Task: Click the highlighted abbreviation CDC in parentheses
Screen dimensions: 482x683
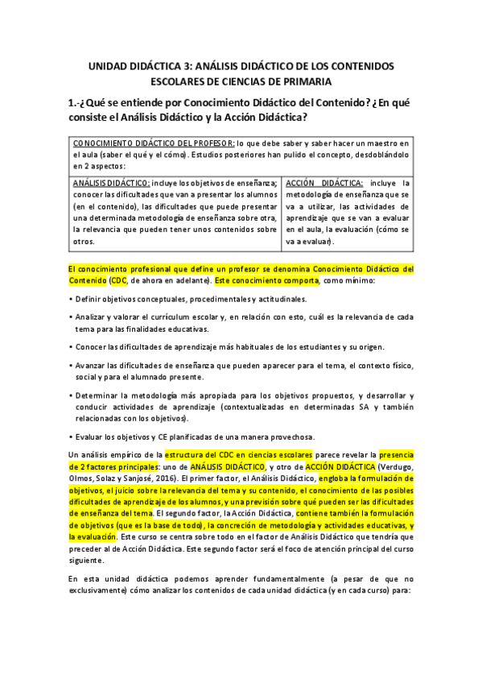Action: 119,279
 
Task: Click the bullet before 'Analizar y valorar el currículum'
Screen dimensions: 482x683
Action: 71,317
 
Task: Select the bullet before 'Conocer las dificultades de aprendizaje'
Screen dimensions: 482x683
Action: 71,347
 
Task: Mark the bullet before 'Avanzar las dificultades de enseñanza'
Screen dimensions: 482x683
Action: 71,366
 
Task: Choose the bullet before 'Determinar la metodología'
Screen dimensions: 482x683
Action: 71,396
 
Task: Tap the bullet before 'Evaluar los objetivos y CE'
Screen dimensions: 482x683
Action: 71,437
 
